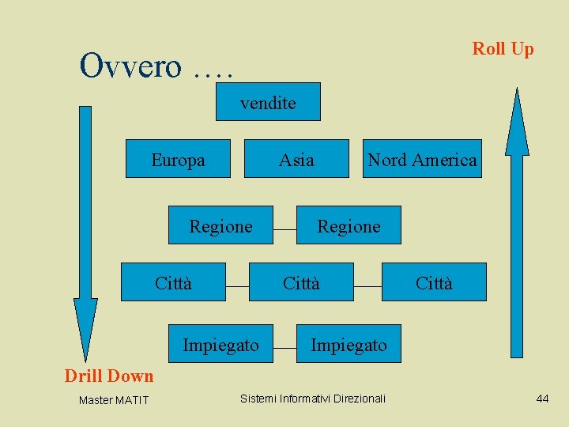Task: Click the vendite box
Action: click(268, 102)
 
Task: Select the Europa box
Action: click(178, 159)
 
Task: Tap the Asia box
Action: click(296, 159)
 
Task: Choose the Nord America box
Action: click(422, 159)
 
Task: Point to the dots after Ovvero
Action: click(212, 73)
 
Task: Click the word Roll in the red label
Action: click(489, 48)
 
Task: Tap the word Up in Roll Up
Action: click(522, 49)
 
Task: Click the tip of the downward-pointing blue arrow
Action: click(85, 360)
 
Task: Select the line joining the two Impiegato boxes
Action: click(284, 346)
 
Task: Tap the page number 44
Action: click(542, 399)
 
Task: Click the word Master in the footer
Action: click(95, 400)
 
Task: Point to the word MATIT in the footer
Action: click(131, 400)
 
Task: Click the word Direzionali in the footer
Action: click(360, 399)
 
